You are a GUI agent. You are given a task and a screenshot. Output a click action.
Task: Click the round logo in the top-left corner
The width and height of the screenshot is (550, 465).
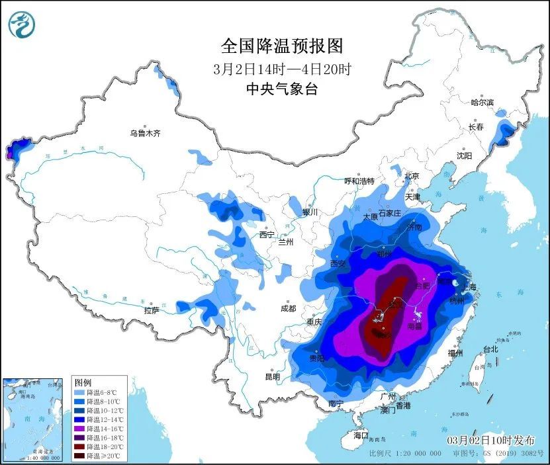(21, 24)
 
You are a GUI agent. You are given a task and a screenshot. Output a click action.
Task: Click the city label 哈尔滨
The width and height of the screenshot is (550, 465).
(482, 103)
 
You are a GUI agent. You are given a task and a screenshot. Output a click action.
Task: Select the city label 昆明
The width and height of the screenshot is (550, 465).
(272, 376)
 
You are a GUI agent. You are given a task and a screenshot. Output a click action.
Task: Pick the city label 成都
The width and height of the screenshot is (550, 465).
(288, 308)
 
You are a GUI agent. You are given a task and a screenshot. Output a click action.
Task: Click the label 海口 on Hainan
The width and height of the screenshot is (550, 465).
(360, 436)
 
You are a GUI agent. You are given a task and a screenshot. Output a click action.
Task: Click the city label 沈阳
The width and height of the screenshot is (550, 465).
(464, 156)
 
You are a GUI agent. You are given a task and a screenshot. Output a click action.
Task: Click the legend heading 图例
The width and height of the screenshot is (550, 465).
(83, 383)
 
